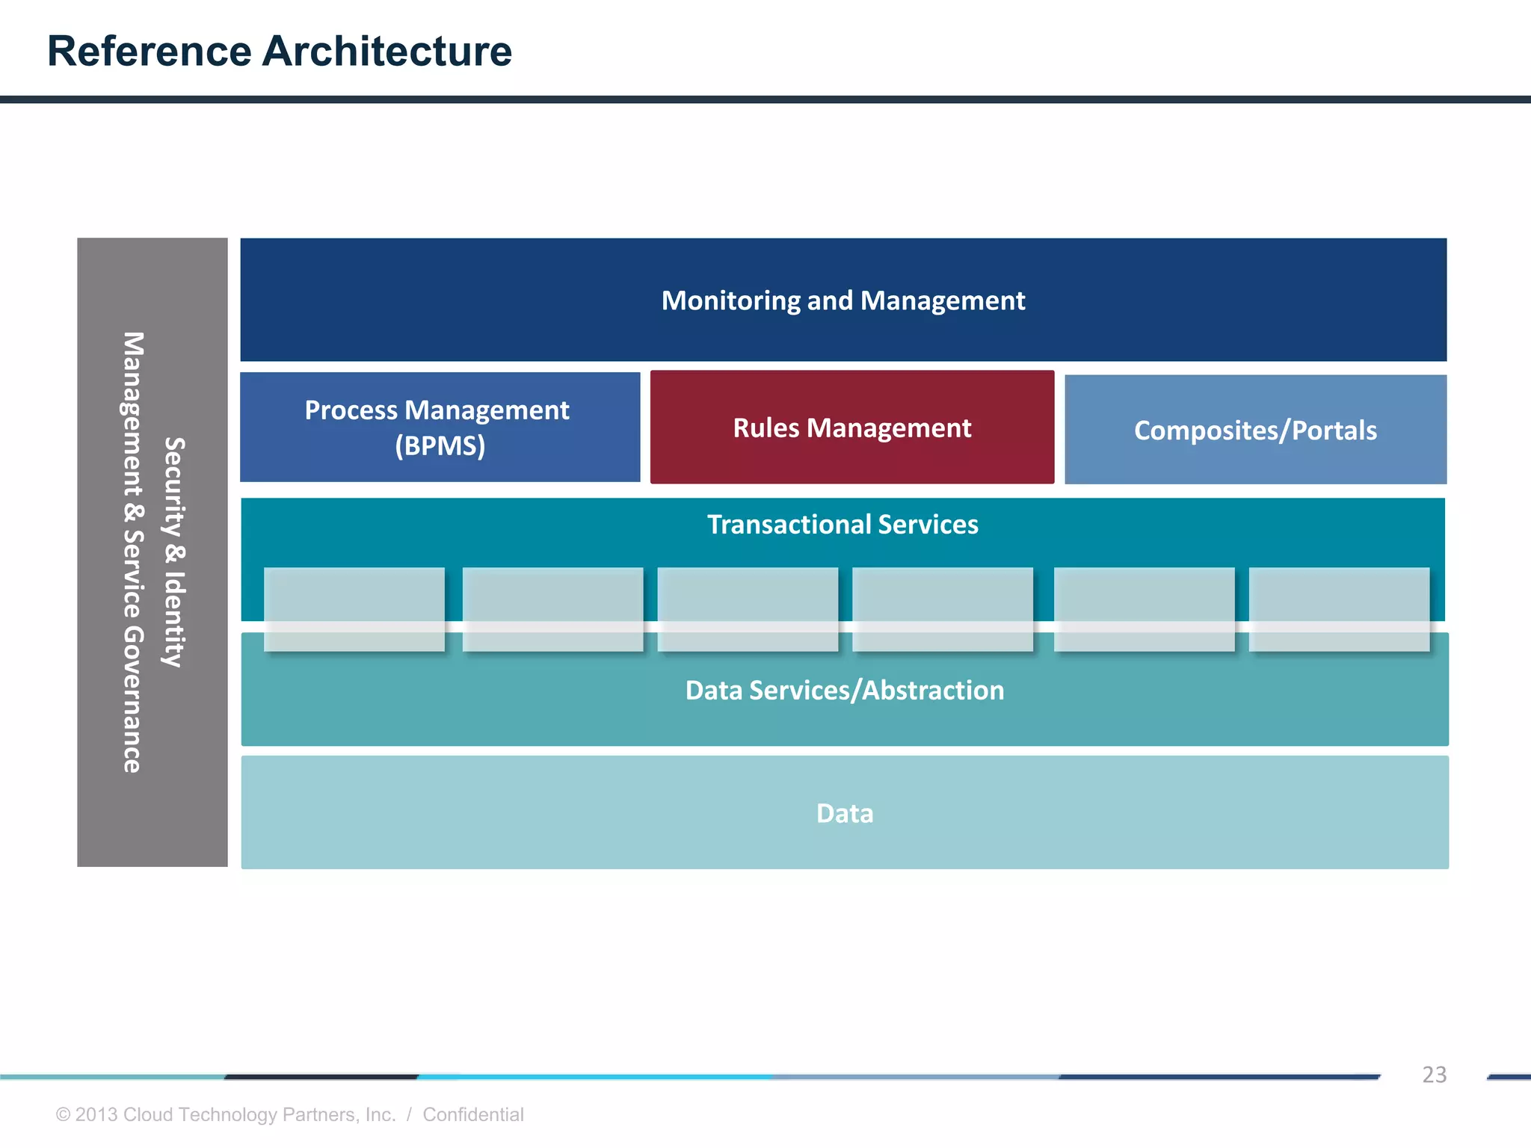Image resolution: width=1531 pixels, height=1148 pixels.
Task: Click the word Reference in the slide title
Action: click(150, 52)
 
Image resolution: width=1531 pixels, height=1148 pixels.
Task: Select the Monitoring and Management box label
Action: click(842, 300)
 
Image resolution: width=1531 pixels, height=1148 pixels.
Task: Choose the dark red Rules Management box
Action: click(851, 428)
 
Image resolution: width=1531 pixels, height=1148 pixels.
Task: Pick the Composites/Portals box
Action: click(1254, 430)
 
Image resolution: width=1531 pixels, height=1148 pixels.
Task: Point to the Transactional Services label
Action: click(842, 525)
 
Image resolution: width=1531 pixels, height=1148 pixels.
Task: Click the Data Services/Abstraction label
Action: click(844, 691)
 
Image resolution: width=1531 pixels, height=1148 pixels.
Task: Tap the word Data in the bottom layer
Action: click(844, 813)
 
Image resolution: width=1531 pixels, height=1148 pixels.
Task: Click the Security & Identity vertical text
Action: click(174, 552)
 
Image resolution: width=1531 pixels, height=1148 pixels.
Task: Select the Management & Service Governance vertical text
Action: click(132, 552)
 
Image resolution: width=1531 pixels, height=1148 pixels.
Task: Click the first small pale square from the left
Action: click(354, 609)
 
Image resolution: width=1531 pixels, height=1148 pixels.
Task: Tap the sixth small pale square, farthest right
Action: click(1339, 609)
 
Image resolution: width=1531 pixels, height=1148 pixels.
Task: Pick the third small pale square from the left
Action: click(748, 609)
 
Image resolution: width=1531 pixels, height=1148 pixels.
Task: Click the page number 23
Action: click(1434, 1075)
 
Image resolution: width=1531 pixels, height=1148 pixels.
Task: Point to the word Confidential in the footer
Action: click(472, 1114)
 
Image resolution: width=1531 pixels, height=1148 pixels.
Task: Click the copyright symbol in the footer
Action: click(64, 1115)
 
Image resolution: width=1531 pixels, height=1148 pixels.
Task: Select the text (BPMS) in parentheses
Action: click(440, 446)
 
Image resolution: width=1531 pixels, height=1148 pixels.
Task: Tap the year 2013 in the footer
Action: click(96, 1114)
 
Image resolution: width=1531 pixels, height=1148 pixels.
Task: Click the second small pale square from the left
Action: click(552, 609)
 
